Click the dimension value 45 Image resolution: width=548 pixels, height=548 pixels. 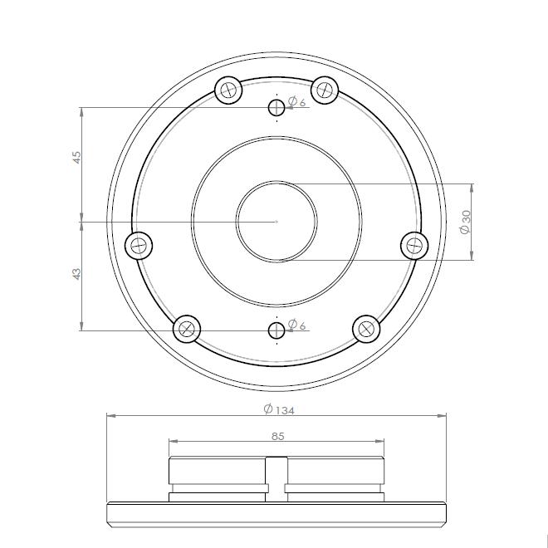click(x=76, y=156)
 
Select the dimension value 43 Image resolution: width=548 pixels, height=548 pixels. click(x=76, y=273)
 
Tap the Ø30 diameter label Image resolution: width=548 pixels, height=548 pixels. click(x=466, y=222)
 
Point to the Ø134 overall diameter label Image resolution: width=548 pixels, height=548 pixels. click(x=278, y=409)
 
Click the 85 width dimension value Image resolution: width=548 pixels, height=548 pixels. click(x=277, y=436)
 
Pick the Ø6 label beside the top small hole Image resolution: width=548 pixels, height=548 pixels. click(x=297, y=102)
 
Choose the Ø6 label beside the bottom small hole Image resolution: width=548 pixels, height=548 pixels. click(x=297, y=325)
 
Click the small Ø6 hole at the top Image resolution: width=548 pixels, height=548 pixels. click(x=276, y=107)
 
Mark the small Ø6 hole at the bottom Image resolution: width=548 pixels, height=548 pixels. click(x=276, y=330)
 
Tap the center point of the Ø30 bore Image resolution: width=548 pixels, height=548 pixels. click(x=276, y=222)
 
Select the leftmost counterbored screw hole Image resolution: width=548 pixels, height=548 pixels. click(x=139, y=245)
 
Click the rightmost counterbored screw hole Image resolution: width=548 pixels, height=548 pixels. click(x=414, y=246)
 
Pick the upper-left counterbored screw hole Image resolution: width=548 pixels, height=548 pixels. click(x=228, y=90)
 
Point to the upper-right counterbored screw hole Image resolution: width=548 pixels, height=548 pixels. click(x=325, y=89)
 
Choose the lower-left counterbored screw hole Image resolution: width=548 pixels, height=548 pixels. click(x=187, y=329)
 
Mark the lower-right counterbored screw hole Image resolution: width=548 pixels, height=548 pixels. click(x=366, y=329)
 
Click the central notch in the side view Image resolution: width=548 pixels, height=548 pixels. click(x=276, y=477)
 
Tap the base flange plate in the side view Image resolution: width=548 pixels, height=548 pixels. click(x=276, y=515)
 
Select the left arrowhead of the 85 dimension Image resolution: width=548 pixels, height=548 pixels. click(x=172, y=442)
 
